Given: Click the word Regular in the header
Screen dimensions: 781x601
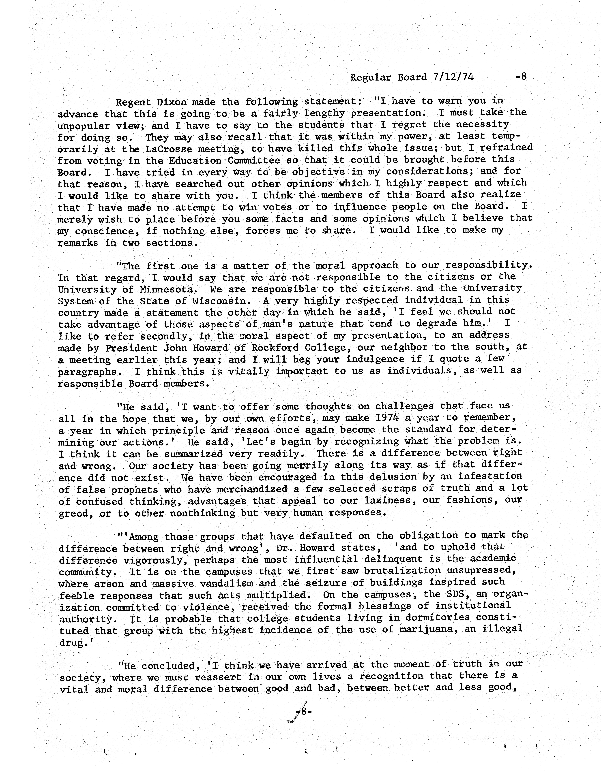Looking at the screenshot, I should [371, 78].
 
